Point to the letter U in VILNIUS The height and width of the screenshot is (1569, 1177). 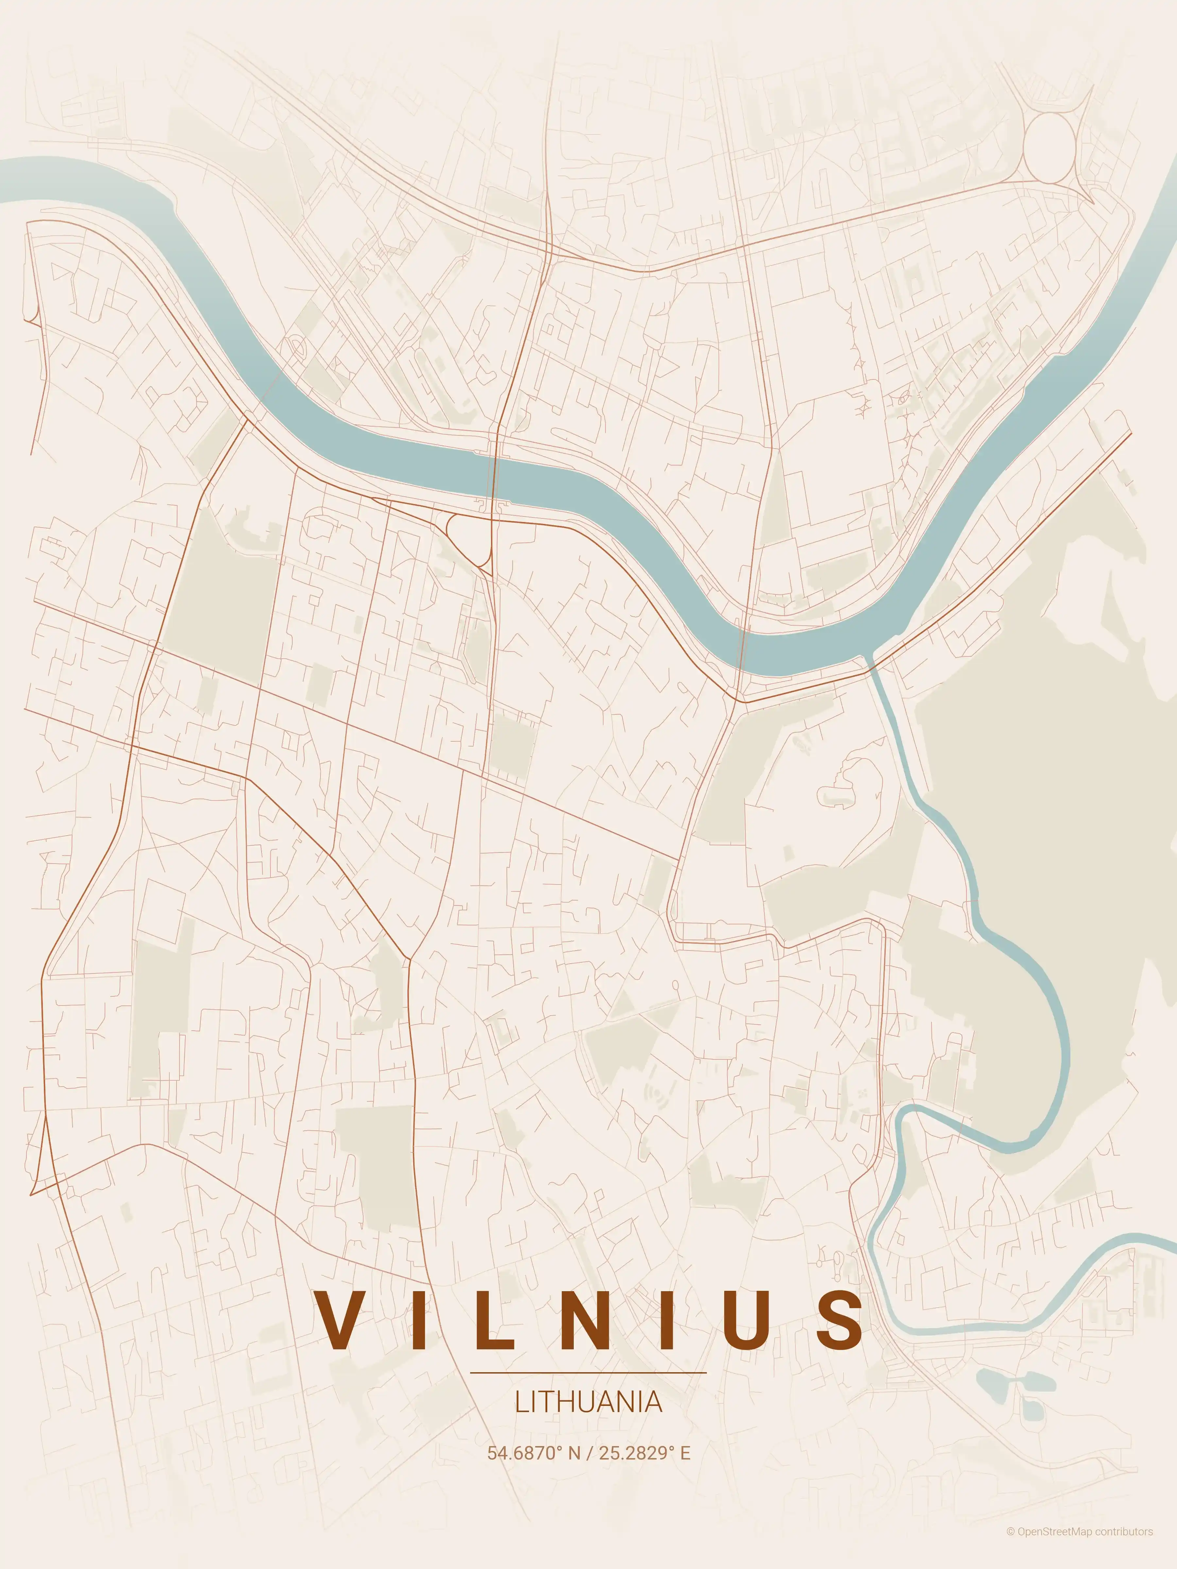(754, 1319)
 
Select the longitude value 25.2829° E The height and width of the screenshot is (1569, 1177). (644, 1453)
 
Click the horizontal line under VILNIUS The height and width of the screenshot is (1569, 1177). (588, 1373)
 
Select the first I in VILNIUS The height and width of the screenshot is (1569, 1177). (418, 1319)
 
